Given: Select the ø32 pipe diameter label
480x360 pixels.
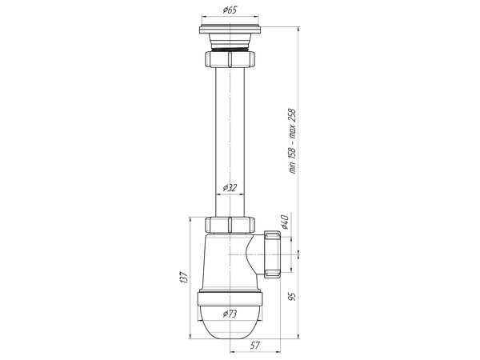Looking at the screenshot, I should tap(230, 188).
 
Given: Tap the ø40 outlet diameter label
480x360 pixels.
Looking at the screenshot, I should tap(284, 221).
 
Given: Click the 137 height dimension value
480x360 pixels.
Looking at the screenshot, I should tap(183, 277).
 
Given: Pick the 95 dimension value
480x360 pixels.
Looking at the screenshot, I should tap(293, 295).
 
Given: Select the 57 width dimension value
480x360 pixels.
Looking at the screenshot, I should tap(254, 346).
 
